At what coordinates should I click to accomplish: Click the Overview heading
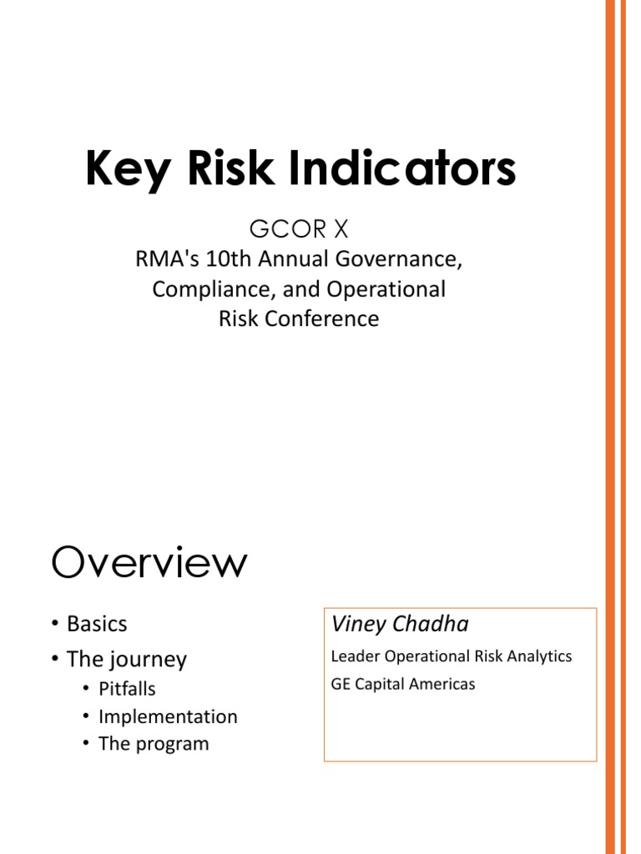(x=149, y=563)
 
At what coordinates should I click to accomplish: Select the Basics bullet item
(x=97, y=624)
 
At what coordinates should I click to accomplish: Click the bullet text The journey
(x=126, y=659)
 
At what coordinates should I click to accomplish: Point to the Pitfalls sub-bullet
(x=127, y=689)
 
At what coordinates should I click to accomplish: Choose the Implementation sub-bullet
(x=168, y=716)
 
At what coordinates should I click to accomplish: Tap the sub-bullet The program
(x=154, y=744)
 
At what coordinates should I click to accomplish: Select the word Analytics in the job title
(x=543, y=656)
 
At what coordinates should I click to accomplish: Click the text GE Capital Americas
(x=403, y=684)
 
